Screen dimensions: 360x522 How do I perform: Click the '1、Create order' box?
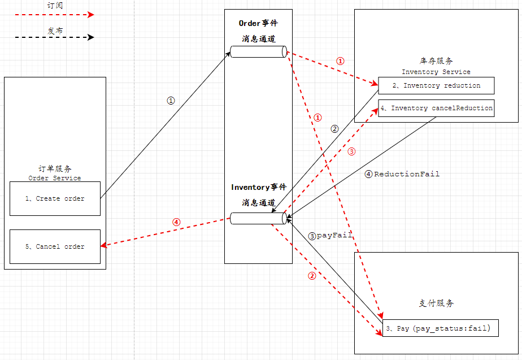tap(55, 198)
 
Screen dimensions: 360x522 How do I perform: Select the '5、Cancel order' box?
tap(55, 246)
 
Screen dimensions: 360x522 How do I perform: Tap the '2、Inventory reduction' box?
tap(436, 85)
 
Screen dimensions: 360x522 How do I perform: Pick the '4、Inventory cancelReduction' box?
tap(436, 108)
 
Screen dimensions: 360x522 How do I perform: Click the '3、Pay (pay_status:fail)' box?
tap(440, 328)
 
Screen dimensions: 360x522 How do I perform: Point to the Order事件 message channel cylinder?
tap(258, 52)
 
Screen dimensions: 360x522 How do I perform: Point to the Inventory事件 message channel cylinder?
tap(258, 218)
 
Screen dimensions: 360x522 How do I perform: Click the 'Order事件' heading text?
tap(258, 23)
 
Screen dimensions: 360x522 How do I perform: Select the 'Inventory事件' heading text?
tap(258, 187)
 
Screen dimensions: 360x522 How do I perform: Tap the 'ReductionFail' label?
tap(406, 174)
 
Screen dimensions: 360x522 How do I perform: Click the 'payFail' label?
tap(334, 235)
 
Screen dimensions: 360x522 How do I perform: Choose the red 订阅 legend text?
tap(55, 5)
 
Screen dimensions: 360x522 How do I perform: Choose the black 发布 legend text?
tap(55, 31)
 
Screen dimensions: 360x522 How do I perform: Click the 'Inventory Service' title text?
tap(436, 72)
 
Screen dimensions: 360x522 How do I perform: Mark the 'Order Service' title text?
tap(55, 178)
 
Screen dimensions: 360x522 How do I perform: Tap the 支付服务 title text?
tap(436, 303)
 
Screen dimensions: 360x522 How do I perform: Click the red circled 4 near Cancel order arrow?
tap(176, 222)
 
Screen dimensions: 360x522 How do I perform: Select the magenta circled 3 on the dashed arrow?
tap(351, 151)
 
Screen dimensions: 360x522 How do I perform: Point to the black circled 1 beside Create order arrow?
tap(171, 100)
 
